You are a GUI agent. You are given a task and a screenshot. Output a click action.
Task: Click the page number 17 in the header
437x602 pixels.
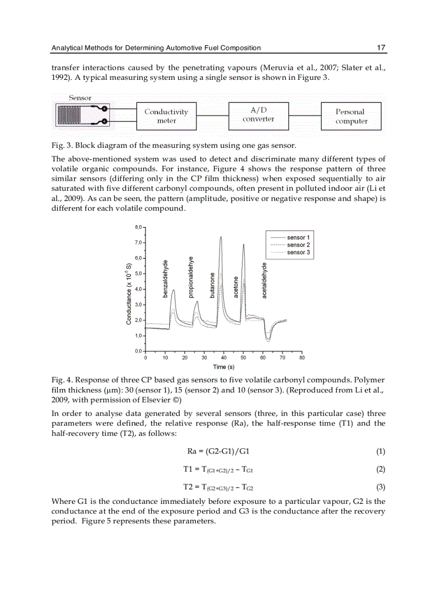tap(381, 48)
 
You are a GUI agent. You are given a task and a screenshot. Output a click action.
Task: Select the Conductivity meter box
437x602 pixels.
tap(166, 116)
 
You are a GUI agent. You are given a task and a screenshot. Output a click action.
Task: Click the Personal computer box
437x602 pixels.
tap(351, 116)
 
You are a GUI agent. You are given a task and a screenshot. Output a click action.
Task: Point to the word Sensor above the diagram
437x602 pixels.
tap(80, 98)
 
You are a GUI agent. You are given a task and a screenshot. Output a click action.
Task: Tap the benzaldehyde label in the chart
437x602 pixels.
tap(165, 278)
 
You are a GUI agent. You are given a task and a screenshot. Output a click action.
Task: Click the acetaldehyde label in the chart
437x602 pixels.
tap(264, 280)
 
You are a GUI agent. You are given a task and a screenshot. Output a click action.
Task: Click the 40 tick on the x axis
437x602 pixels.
tap(224, 358)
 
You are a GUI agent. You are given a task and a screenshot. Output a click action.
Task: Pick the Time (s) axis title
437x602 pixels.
tap(223, 367)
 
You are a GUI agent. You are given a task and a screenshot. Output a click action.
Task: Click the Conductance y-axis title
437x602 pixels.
tap(129, 293)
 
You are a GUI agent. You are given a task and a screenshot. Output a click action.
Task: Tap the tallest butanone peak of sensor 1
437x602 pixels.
tap(221, 236)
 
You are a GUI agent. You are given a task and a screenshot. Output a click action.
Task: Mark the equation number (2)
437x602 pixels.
tap(380, 469)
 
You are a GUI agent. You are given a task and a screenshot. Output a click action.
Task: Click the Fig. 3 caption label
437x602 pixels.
tap(62, 145)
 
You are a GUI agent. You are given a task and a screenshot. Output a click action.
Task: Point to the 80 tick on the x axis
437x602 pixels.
tap(302, 358)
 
